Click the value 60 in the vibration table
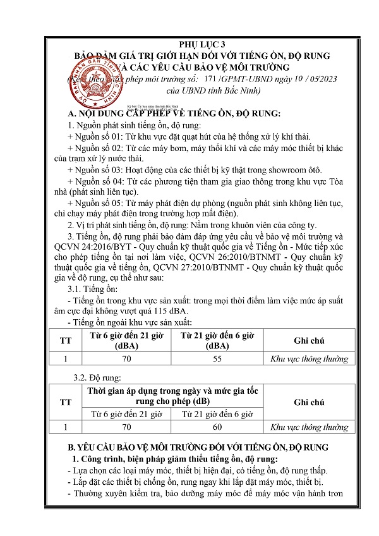pyautogui.click(x=218, y=427)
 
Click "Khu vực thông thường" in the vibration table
pyautogui.click(x=310, y=427)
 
